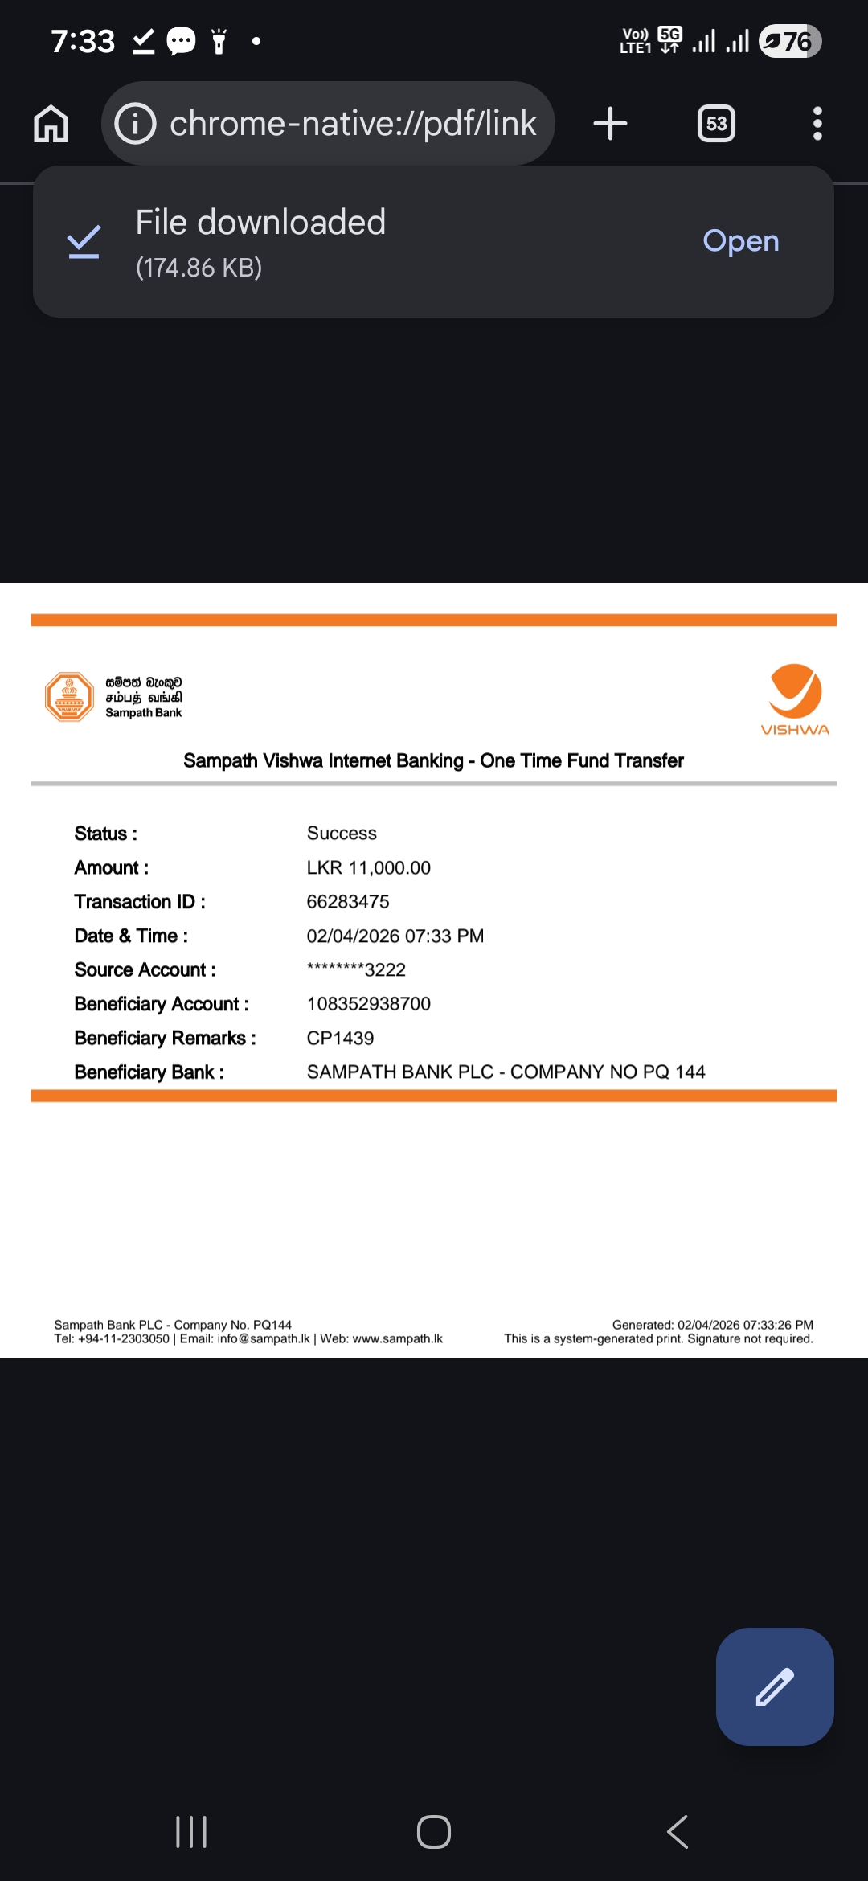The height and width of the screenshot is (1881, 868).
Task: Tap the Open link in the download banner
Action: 740,241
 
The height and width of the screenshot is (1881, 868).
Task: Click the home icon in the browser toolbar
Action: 51,124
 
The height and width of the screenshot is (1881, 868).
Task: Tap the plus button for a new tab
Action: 610,124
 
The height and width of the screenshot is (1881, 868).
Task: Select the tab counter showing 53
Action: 716,124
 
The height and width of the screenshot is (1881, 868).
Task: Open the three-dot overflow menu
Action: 817,124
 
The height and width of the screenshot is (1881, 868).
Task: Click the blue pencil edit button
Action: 775,1686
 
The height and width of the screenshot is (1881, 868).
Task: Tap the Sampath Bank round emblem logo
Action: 70,697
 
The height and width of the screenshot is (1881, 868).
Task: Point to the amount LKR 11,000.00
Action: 368,868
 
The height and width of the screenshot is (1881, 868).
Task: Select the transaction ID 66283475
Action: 347,902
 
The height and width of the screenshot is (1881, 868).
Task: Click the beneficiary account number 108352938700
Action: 368,1004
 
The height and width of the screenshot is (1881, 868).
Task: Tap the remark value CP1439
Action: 340,1039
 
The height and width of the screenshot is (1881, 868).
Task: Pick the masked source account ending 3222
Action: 356,970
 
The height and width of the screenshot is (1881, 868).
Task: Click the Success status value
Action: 342,834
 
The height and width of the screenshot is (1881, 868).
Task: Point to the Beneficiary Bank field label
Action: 149,1072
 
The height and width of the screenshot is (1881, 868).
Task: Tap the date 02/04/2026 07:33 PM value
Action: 395,936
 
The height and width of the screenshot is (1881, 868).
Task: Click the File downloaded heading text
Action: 260,223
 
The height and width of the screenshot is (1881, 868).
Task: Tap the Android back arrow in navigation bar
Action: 678,1832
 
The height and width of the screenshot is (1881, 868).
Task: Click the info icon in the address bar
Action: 135,124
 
